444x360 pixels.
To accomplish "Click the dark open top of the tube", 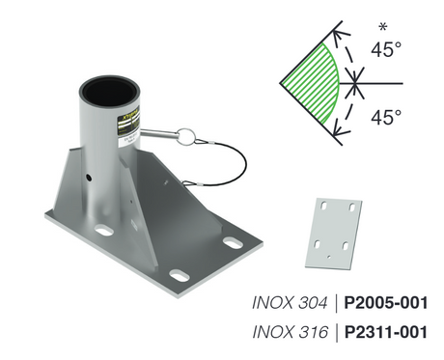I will click(110, 88).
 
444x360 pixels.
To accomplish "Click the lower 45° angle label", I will click(386, 120).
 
